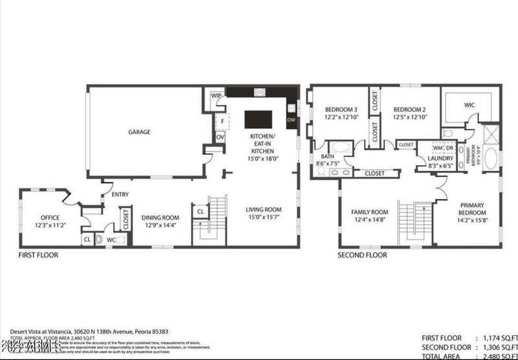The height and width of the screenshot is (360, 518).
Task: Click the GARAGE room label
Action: [x=139, y=132]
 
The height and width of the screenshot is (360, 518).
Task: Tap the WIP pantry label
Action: [x=216, y=96]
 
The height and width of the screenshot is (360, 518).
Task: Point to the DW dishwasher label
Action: [x=291, y=120]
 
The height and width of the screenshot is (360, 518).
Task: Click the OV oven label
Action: [x=220, y=137]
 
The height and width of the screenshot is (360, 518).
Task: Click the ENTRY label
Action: [x=120, y=194]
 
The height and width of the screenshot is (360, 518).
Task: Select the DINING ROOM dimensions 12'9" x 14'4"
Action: [x=160, y=226]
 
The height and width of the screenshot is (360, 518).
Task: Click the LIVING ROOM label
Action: [x=263, y=209]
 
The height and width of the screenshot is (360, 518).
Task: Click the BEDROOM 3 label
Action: [x=341, y=109]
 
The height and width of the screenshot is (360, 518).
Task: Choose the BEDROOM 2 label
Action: [x=409, y=109]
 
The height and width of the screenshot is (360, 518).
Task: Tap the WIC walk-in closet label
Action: [x=469, y=104]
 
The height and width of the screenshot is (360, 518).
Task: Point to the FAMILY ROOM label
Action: [x=369, y=212]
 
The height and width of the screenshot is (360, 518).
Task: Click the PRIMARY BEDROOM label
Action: [x=472, y=208]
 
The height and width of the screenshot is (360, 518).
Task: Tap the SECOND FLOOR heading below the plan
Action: [x=362, y=255]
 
